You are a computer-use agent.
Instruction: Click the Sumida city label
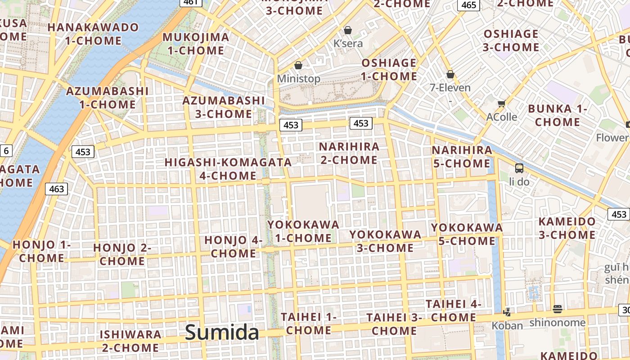222,333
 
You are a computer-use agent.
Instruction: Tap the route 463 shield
57,189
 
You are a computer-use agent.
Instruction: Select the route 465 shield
468,5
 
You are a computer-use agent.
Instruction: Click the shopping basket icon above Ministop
298,66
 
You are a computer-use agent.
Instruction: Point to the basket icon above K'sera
347,31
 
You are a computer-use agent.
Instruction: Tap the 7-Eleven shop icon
450,74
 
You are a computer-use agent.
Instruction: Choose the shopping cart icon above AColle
501,103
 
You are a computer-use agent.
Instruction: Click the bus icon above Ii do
519,168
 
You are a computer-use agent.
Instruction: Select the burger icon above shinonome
558,309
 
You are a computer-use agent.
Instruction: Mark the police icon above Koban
507,311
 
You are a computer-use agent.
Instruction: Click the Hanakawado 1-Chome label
93,34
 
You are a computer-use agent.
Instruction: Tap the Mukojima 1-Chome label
196,44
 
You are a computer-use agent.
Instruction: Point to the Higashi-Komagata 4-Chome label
228,169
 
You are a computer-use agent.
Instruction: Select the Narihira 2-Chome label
349,153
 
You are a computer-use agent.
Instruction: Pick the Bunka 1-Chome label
558,115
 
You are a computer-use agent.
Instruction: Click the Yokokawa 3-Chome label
385,241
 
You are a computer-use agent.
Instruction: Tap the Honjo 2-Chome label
122,254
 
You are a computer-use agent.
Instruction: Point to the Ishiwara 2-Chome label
130,341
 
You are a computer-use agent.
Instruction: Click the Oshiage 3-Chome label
511,40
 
